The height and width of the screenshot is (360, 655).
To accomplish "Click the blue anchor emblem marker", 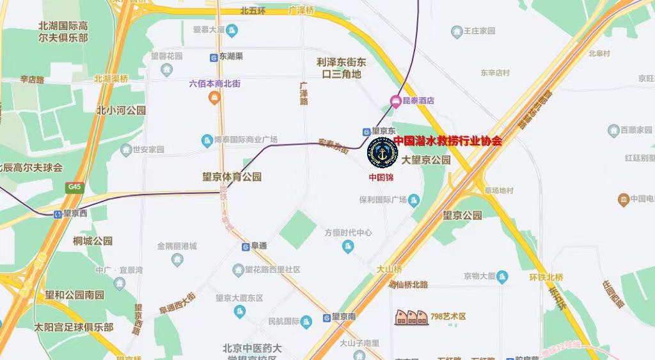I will pos(383,153).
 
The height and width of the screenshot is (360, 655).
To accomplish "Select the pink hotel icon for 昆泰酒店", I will pos(396,100).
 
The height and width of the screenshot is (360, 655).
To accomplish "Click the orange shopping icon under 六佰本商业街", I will pos(214,97).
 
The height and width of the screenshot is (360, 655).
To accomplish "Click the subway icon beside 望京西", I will pos(58,214).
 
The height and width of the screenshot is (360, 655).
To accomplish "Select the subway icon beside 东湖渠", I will pos(213,57).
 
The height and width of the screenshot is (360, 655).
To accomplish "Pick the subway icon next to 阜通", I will pos(245,246).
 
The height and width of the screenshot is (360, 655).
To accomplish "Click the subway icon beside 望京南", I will pos(326,317).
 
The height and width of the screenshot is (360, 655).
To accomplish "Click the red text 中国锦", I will pos(381,177).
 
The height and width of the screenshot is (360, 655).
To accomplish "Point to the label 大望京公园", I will pos(426,160).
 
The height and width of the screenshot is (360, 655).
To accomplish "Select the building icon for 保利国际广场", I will pos(414,200).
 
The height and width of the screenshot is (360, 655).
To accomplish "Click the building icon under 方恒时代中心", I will pos(348,246).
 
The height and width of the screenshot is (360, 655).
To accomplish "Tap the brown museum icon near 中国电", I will pos(623,200).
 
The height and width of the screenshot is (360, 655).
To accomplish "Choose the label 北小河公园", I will pos(122,110).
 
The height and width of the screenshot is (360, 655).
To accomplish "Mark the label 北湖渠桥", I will pos(111,79).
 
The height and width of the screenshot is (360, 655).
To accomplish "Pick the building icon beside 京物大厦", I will pos(503,276).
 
